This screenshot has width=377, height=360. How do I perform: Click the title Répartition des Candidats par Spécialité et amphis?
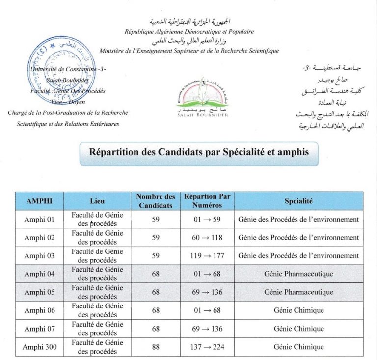(x=199, y=152)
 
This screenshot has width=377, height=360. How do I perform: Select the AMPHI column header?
(x=39, y=201)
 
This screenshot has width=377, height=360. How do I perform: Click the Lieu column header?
(x=97, y=201)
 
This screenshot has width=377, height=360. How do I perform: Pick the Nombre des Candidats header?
(x=156, y=201)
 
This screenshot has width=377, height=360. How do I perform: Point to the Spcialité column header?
(x=298, y=201)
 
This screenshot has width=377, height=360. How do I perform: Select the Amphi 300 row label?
(x=40, y=347)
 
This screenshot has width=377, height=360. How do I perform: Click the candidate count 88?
(x=156, y=347)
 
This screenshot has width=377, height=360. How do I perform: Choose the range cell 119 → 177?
(x=207, y=255)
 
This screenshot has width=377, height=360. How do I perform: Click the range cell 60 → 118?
(x=207, y=237)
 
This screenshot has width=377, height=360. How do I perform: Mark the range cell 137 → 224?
(x=207, y=347)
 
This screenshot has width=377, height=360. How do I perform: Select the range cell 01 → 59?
(x=207, y=219)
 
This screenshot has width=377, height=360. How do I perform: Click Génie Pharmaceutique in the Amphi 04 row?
(x=298, y=274)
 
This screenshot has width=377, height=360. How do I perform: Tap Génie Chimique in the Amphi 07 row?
(x=298, y=329)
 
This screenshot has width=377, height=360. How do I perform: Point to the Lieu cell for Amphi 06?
(x=97, y=310)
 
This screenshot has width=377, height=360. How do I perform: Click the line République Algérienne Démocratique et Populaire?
(x=189, y=32)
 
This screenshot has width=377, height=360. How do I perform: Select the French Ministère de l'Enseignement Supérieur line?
(x=189, y=51)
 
